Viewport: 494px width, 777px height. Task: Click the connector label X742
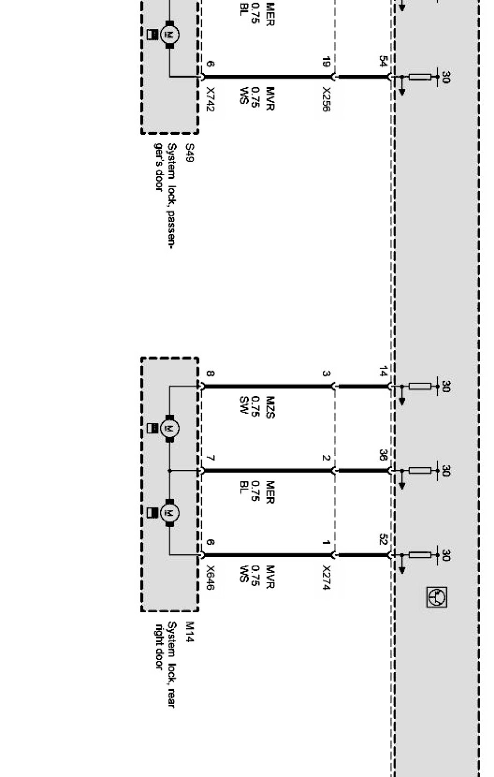click(210, 100)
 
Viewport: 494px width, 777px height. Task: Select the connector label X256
click(326, 100)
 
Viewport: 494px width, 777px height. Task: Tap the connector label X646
click(210, 577)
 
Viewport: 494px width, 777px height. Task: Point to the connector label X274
click(326, 578)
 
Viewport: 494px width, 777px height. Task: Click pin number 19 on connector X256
click(326, 63)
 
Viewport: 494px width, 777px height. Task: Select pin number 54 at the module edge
click(383, 62)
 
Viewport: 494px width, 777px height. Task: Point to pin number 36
click(383, 456)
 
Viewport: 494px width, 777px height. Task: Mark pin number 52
click(383, 540)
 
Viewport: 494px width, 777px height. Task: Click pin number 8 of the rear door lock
click(210, 374)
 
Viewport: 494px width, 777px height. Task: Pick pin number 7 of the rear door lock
click(210, 459)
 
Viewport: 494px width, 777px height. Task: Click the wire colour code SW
click(244, 405)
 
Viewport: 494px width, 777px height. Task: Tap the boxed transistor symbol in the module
click(437, 597)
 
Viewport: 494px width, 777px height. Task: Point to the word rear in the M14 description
click(172, 698)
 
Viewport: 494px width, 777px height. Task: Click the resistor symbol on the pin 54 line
click(420, 77)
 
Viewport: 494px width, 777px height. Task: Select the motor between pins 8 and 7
click(170, 428)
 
